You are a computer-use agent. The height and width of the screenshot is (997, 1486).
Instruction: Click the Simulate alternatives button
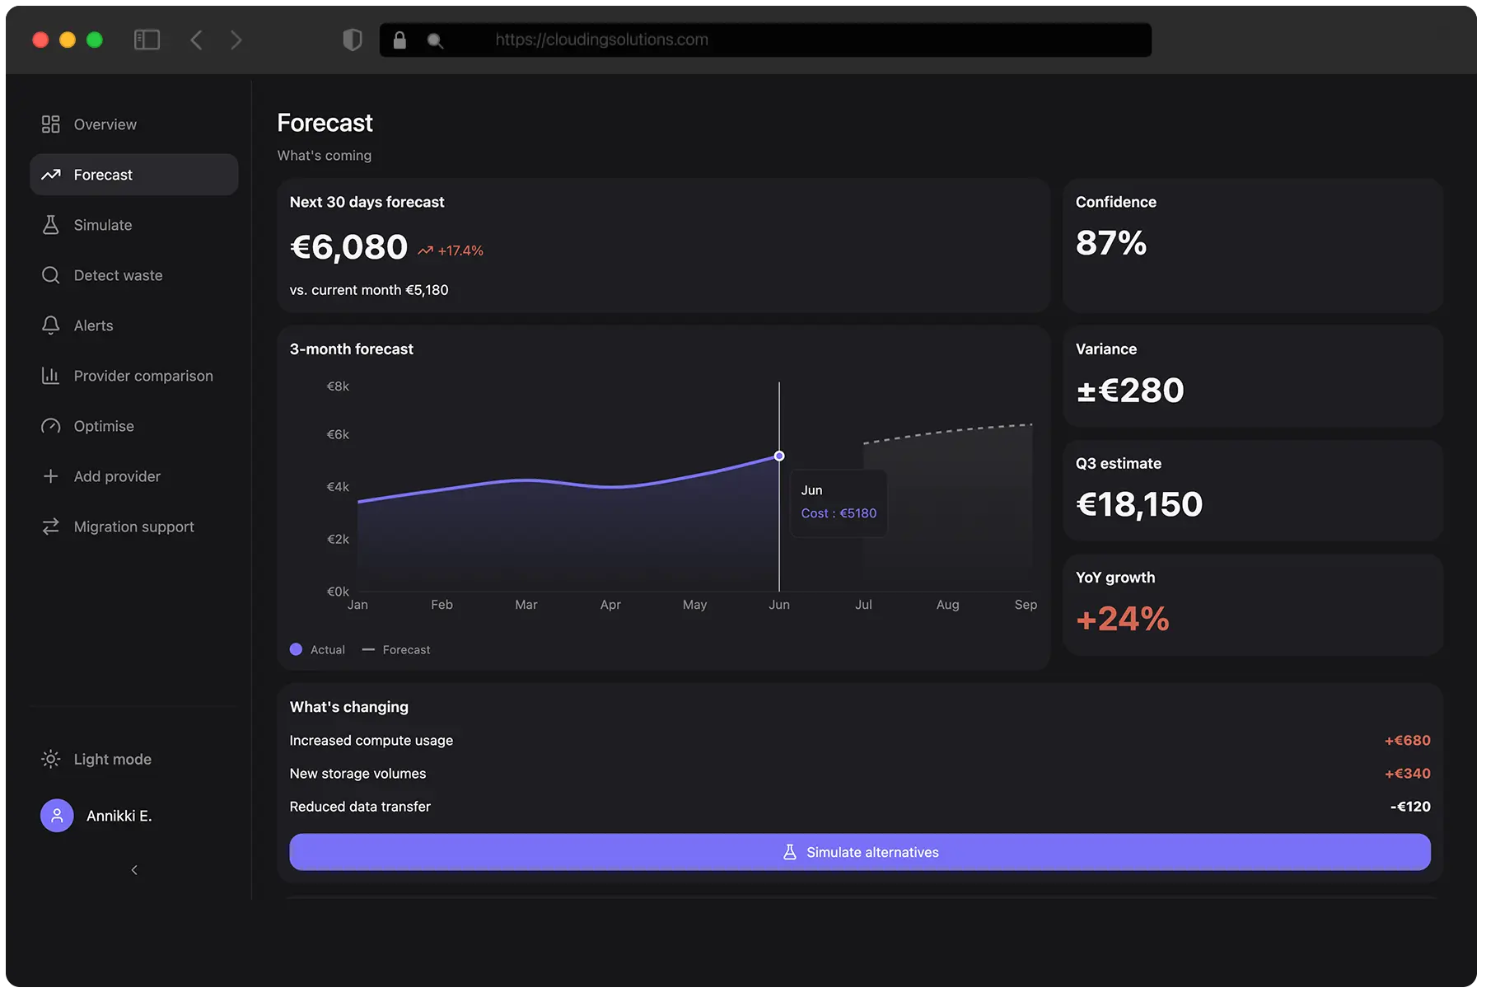point(859,852)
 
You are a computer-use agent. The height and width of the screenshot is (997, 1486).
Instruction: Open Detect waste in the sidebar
point(118,275)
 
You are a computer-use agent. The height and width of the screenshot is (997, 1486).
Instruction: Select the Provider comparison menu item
point(143,376)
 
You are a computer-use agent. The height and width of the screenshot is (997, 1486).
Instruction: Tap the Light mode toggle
point(112,759)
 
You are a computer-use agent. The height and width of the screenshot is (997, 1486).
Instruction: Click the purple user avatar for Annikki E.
point(57,816)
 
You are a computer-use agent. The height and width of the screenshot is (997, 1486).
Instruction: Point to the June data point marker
point(779,456)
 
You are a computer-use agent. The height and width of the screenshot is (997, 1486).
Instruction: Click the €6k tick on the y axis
point(338,434)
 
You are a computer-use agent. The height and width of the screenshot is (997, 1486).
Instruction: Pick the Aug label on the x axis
point(947,605)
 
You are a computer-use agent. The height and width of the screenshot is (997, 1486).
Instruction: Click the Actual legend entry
point(318,649)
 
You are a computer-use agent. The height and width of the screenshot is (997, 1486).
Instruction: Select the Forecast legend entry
point(397,649)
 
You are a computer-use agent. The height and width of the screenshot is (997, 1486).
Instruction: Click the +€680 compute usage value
point(1407,741)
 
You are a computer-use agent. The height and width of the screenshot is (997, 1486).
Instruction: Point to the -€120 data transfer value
point(1410,807)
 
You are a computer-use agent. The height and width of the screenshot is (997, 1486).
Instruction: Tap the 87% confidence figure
point(1110,243)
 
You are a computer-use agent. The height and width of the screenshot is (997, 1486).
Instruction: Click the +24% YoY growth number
point(1122,619)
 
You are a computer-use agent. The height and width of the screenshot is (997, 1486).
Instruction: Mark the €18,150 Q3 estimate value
point(1139,504)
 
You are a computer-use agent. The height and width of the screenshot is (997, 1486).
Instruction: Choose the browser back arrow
point(196,40)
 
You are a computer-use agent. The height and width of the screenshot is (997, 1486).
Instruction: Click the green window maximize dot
point(95,40)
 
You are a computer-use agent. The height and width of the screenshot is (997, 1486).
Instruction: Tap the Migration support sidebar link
point(133,527)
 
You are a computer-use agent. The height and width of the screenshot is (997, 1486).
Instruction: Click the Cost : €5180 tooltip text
point(839,513)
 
